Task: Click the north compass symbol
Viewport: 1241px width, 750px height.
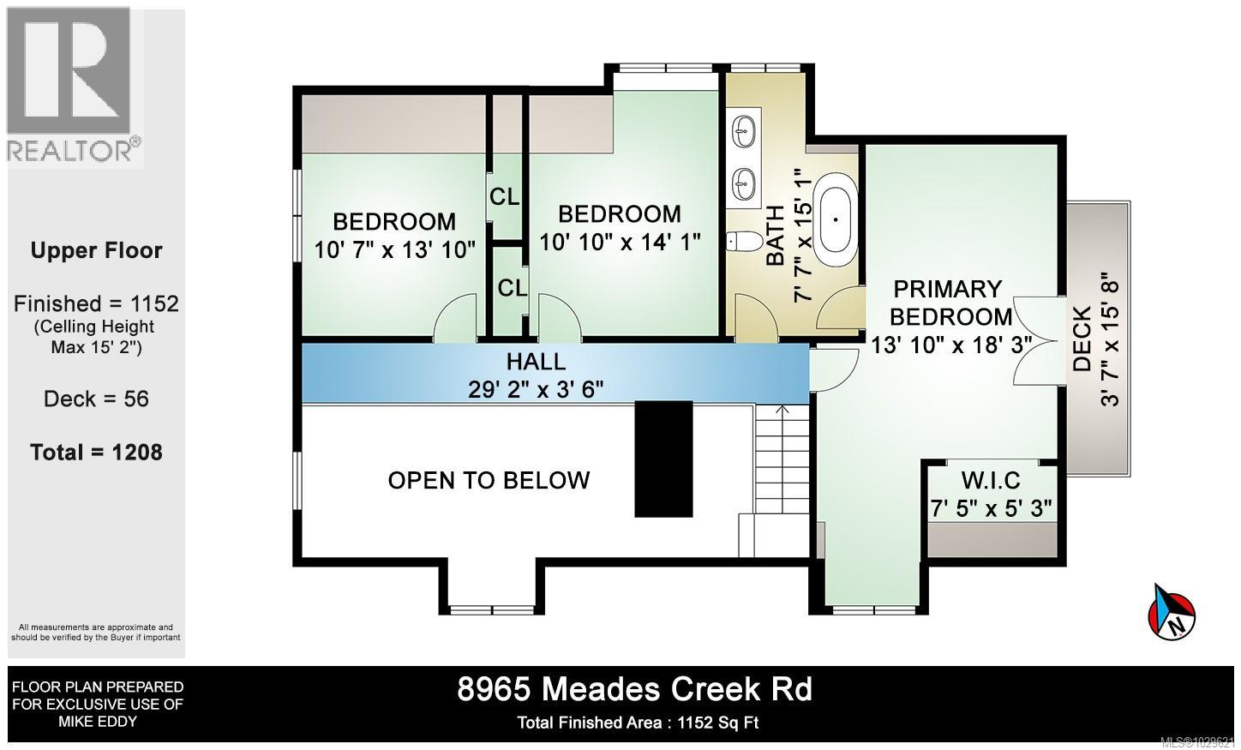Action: (x=1171, y=611)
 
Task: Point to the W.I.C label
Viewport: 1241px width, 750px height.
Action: (x=990, y=479)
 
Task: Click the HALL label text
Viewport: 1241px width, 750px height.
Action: (x=536, y=361)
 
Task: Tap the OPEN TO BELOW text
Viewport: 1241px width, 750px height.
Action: (x=489, y=480)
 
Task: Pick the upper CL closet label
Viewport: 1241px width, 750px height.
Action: (x=504, y=197)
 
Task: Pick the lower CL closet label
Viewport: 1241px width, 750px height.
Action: (x=512, y=289)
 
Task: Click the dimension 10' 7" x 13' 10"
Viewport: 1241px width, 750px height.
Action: (x=394, y=250)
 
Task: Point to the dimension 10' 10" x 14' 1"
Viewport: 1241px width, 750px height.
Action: (x=620, y=243)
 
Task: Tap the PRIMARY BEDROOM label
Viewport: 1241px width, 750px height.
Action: (x=950, y=303)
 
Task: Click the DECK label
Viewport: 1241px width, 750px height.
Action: (x=1082, y=339)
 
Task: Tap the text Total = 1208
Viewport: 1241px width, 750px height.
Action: (x=96, y=453)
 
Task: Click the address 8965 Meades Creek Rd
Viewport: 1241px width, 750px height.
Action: (x=634, y=690)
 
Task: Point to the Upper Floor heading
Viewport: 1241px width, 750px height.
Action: (x=96, y=251)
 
